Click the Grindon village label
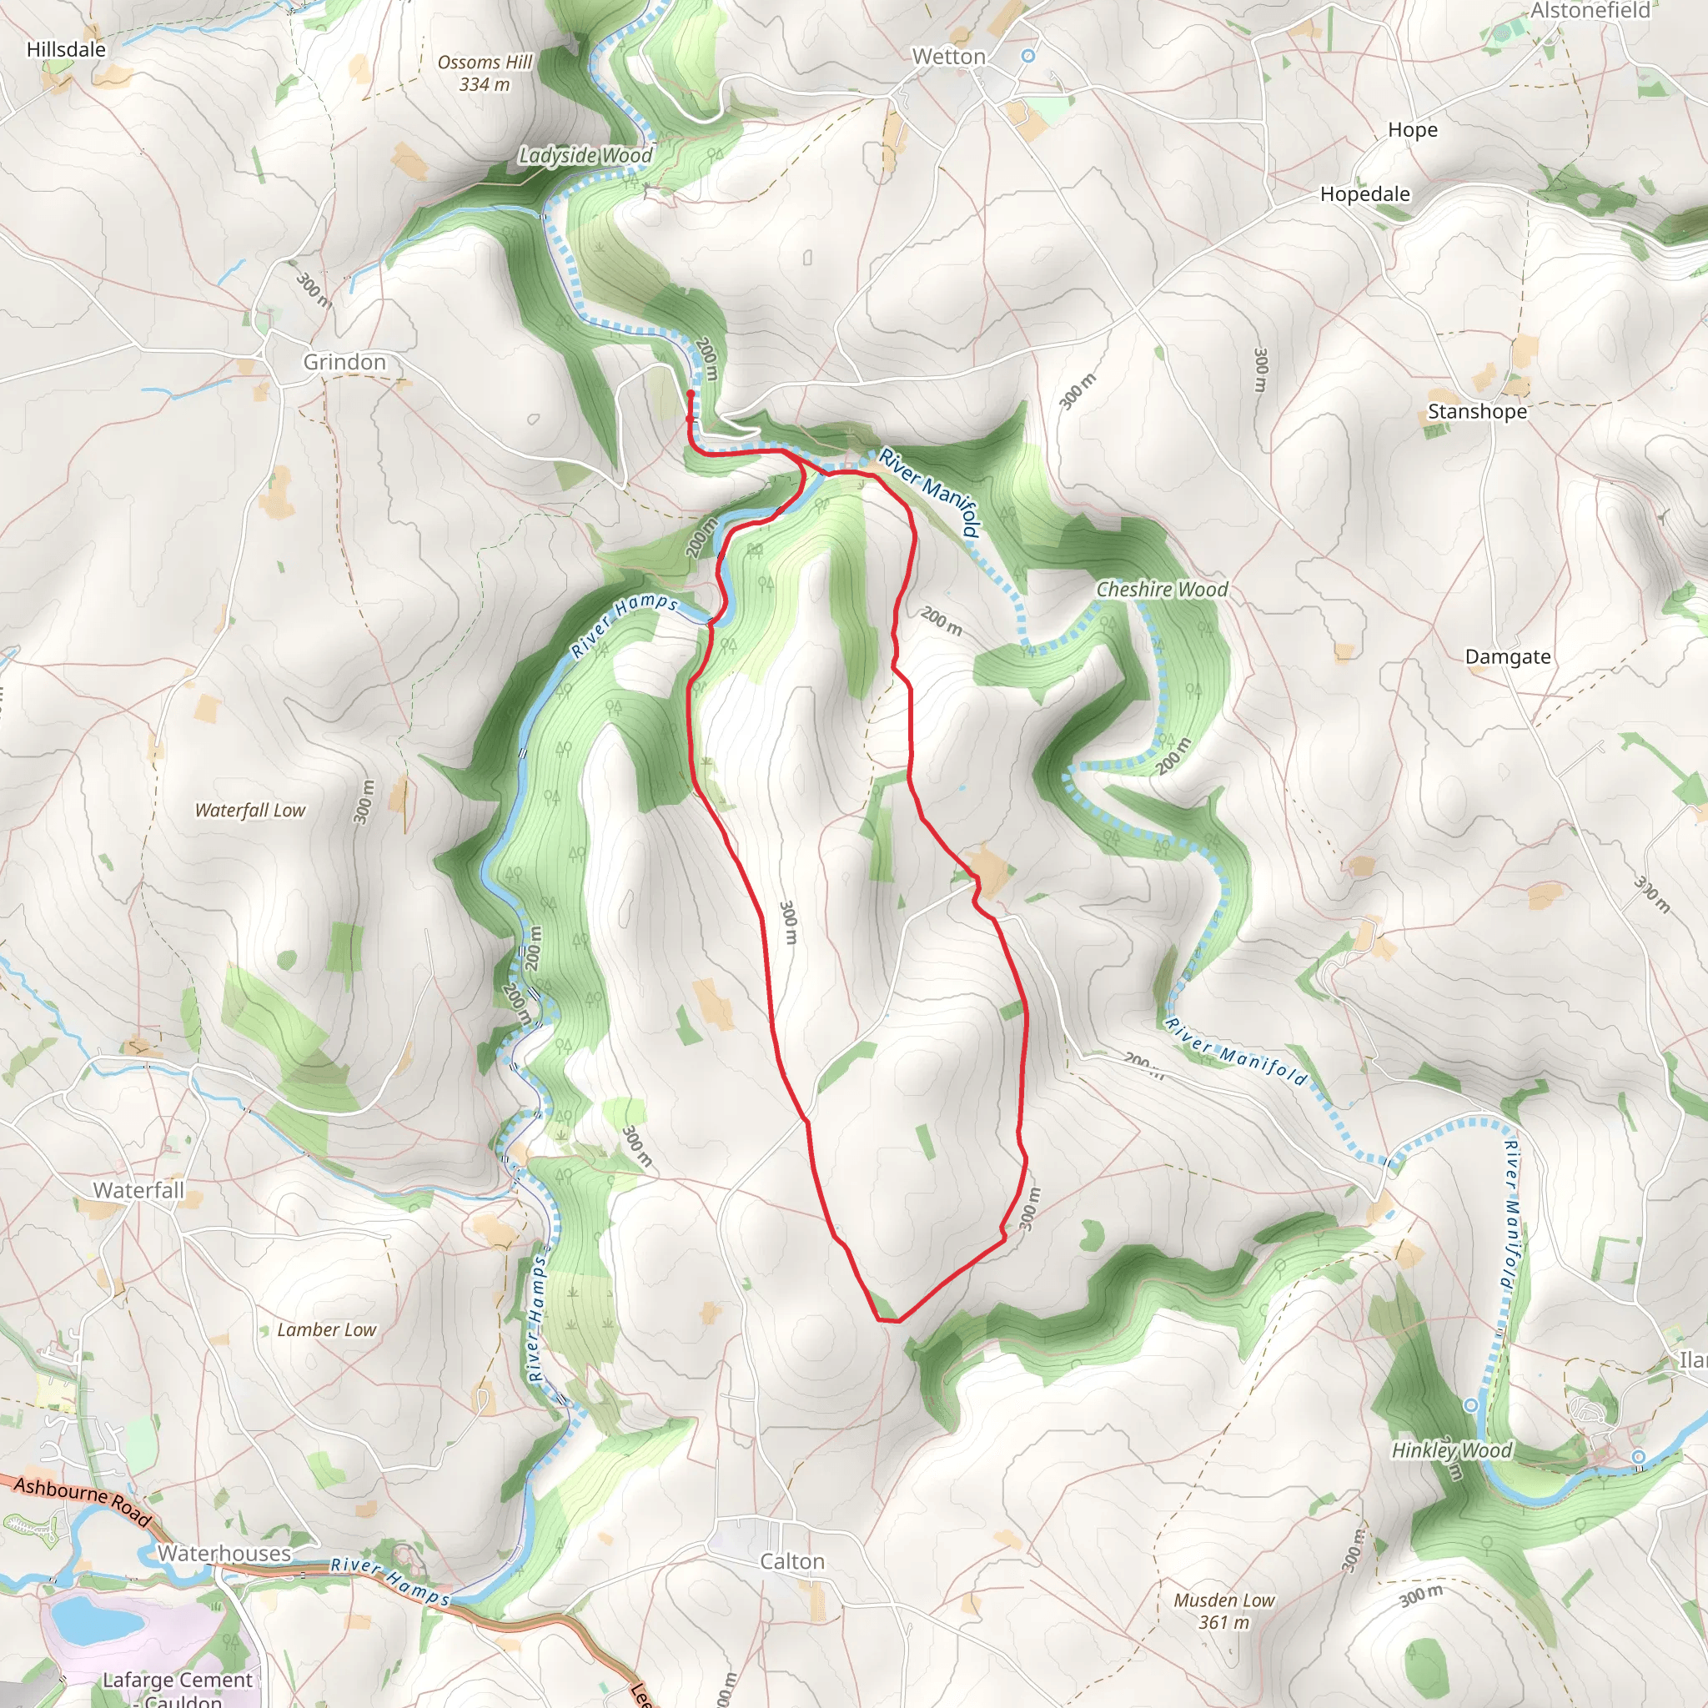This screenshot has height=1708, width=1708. (344, 363)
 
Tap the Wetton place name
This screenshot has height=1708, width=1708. (948, 57)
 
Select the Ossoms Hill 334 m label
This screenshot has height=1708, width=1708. (485, 73)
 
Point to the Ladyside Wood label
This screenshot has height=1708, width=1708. (585, 156)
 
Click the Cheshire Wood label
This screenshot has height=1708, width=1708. (1162, 590)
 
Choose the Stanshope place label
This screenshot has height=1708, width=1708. (1477, 412)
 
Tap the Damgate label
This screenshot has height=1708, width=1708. (1507, 657)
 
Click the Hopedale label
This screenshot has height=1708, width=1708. (1365, 194)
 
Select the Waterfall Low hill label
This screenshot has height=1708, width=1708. (250, 810)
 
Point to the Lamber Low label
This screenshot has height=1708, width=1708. (326, 1329)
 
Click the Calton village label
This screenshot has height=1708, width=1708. (792, 1562)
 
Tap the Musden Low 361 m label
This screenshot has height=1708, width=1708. (1223, 1610)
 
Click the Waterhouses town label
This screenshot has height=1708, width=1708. (224, 1553)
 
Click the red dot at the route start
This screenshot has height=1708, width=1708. (691, 394)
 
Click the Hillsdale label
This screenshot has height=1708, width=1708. (67, 49)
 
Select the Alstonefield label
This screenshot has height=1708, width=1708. (1590, 11)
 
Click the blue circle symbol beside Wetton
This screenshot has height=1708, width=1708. (1027, 56)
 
